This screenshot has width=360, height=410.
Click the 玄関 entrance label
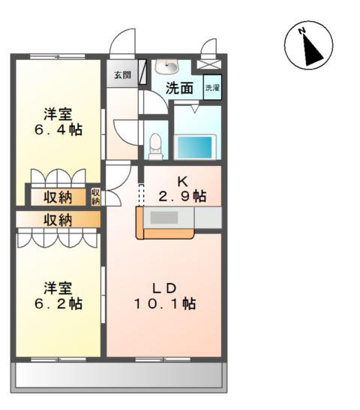click(122, 75)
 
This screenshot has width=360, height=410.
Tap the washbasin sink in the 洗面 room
click(166, 66)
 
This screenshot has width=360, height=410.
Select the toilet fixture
click(155, 146)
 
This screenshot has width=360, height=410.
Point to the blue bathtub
click(195, 147)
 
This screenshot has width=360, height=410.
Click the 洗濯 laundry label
click(212, 88)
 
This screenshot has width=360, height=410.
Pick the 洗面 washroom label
click(179, 88)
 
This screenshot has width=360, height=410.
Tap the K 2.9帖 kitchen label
click(182, 188)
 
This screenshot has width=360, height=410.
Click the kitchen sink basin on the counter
click(164, 218)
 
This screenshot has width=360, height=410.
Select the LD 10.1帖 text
click(165, 296)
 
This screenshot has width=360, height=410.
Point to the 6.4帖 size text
click(58, 130)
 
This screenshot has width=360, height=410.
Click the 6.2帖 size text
click(58, 304)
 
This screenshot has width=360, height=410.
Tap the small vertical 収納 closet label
click(96, 197)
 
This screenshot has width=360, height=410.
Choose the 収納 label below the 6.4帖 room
click(58, 197)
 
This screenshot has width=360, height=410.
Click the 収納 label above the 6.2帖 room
click(58, 220)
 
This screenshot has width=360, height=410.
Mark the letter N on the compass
click(302, 31)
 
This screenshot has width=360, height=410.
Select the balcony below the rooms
click(118, 376)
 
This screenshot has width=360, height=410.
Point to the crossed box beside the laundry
click(208, 65)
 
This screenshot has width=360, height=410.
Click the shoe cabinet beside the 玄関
click(142, 72)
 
